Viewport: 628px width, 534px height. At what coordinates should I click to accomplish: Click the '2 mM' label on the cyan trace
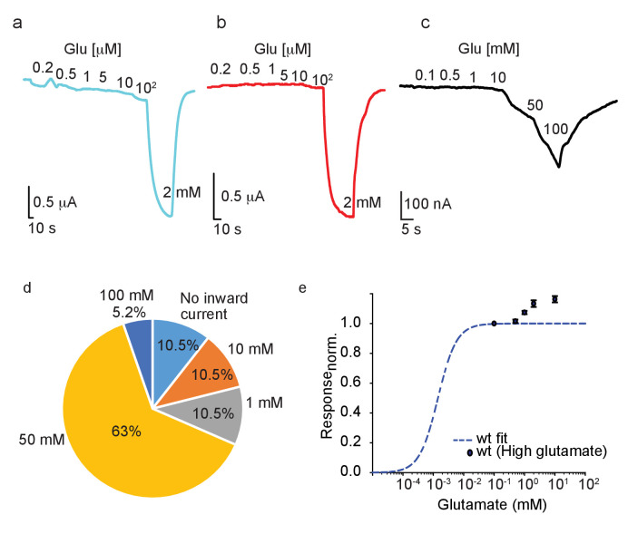click(179, 192)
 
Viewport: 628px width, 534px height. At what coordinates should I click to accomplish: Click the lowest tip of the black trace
click(559, 167)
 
